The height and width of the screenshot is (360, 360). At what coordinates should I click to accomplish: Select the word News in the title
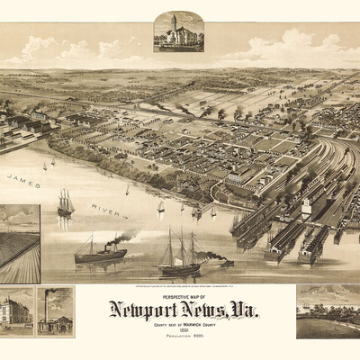tap(203, 310)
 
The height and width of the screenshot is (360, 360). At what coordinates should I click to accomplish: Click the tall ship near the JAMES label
tap(66, 204)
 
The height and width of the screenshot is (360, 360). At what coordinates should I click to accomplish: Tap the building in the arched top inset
tap(177, 32)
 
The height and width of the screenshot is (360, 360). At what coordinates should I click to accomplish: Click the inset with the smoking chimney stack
tap(55, 312)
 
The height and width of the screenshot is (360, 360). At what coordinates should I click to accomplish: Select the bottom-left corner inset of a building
tap(17, 312)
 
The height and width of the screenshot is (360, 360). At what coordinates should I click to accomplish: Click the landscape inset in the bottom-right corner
tap(327, 310)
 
